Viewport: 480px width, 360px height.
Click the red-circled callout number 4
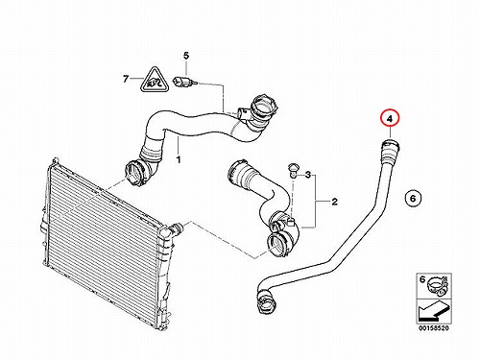click(390, 119)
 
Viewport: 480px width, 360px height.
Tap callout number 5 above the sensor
click(186, 56)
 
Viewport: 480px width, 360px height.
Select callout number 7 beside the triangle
click(126, 79)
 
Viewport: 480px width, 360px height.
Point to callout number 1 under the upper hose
click(179, 159)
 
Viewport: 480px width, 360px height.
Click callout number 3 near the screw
click(307, 175)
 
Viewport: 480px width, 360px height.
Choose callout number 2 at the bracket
click(334, 202)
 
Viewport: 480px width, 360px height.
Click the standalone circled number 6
click(413, 199)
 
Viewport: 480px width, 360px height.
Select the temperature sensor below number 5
click(182, 82)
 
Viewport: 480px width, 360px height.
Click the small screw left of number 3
click(292, 171)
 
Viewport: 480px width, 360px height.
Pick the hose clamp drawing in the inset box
click(439, 284)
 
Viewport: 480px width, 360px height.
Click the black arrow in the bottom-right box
click(433, 312)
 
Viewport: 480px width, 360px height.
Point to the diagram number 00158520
click(434, 328)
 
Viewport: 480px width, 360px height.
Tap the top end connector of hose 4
click(390, 148)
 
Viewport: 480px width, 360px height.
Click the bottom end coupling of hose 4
click(265, 300)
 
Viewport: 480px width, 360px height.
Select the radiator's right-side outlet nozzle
click(176, 229)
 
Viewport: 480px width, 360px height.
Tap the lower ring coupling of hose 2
click(277, 245)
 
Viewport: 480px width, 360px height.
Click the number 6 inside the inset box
click(422, 279)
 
